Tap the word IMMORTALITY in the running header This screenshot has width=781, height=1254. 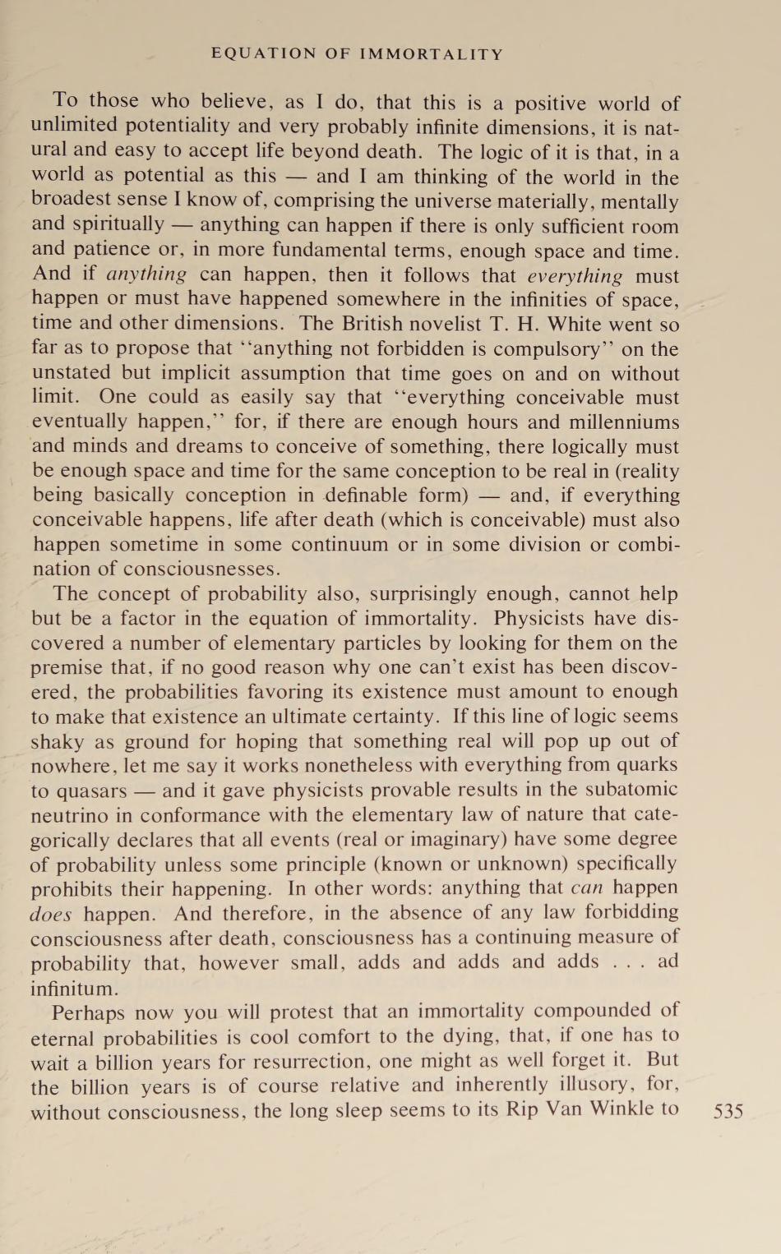(432, 54)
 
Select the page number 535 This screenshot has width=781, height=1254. (728, 1111)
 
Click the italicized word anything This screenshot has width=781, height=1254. (146, 274)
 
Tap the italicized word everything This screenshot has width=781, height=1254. (575, 275)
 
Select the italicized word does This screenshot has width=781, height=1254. (51, 914)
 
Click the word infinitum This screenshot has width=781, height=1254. (75, 987)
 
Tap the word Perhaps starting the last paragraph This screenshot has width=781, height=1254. (89, 1012)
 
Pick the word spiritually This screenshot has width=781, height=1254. (118, 225)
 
